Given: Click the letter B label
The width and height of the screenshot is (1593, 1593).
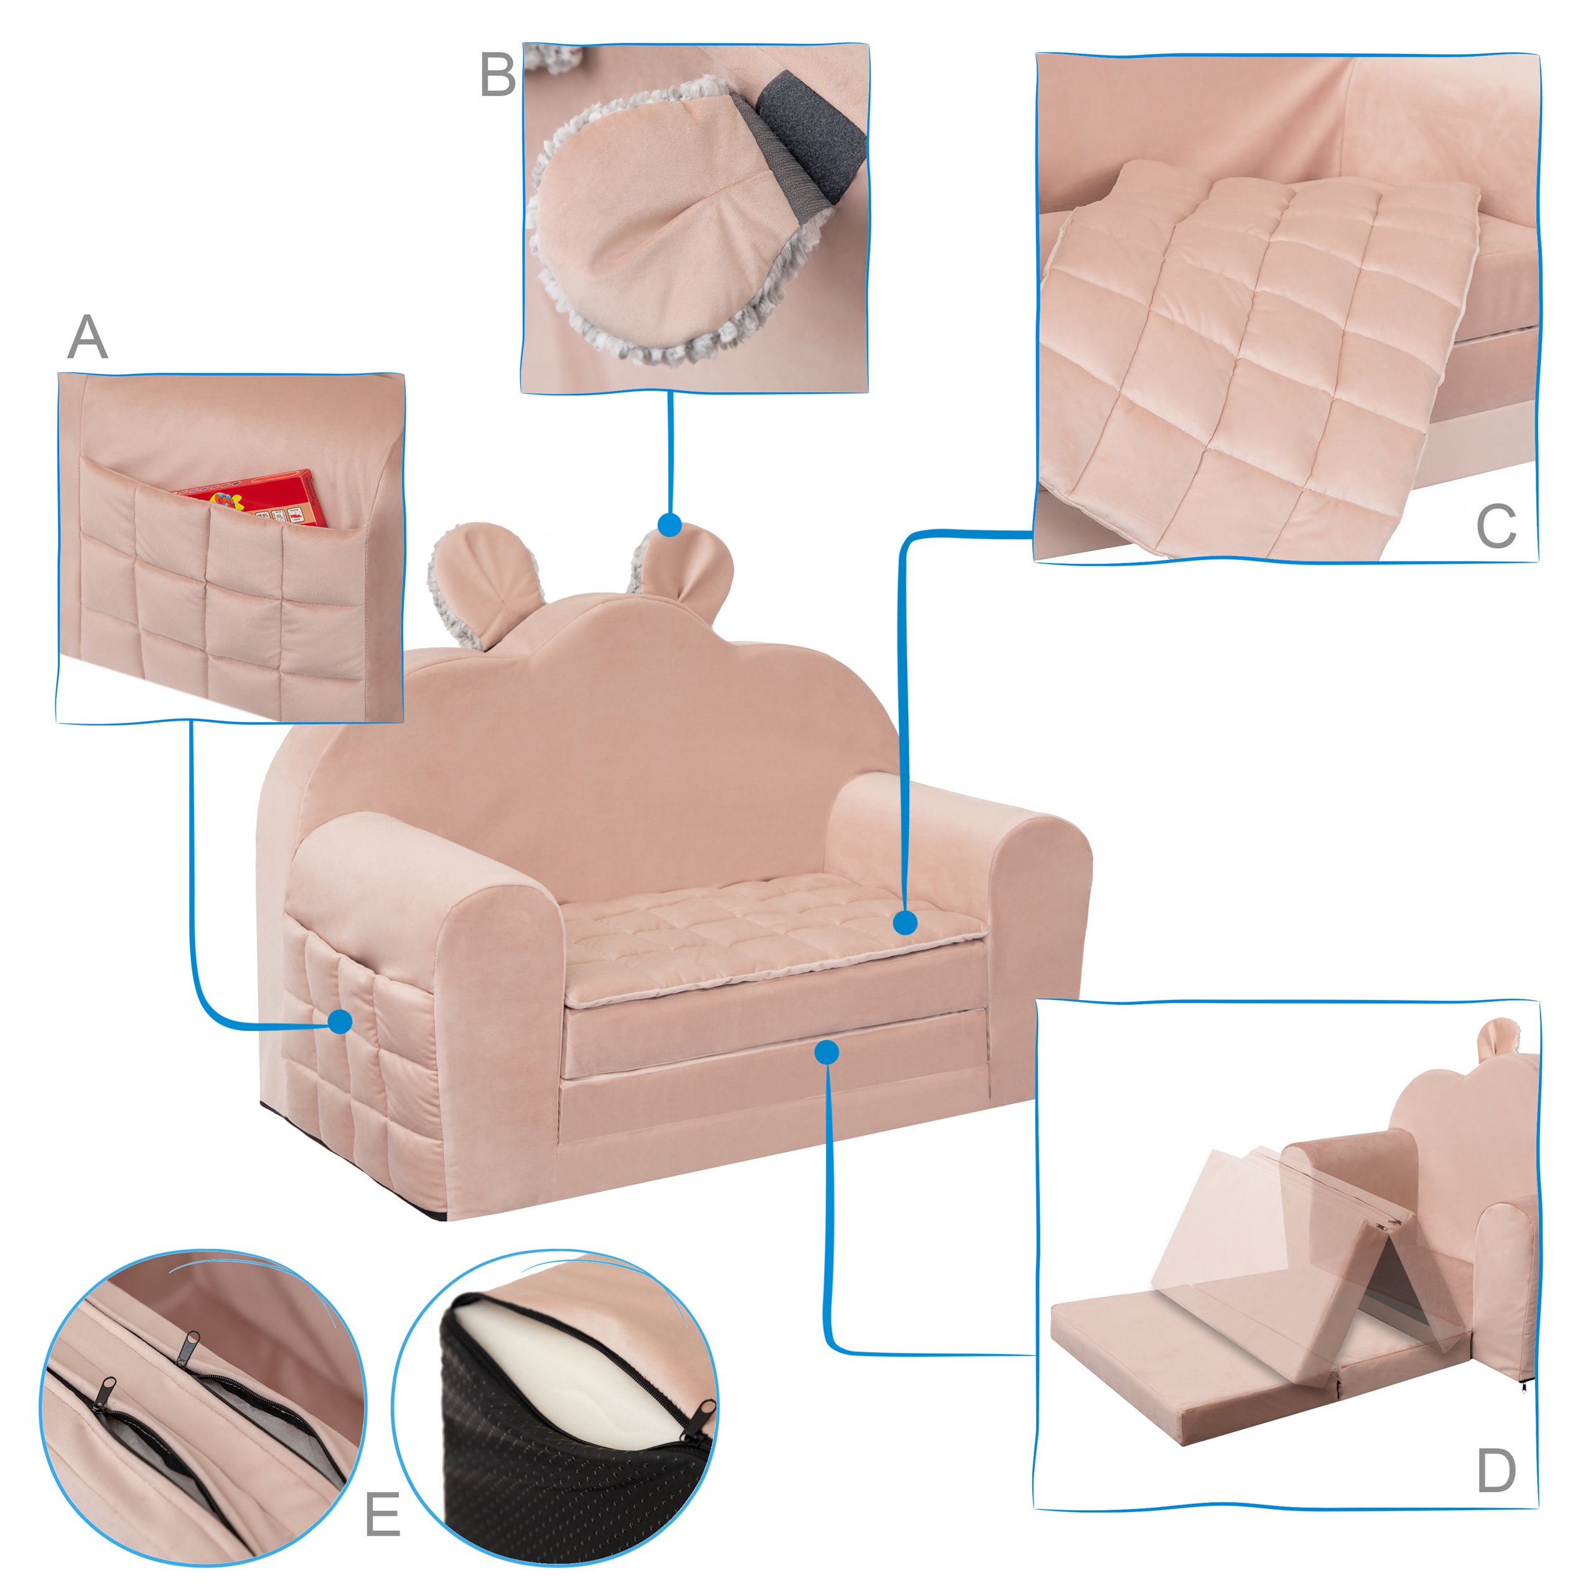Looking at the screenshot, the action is tap(497, 75).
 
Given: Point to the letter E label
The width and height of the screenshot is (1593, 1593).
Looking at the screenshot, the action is tap(383, 1514).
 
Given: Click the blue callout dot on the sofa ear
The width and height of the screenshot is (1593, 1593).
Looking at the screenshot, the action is tap(670, 525).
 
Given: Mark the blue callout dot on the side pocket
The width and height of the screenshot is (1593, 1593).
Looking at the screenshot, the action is tap(340, 1022).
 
